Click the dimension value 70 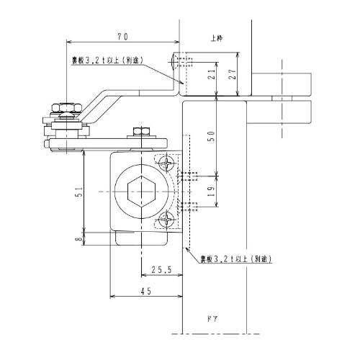(x=122, y=37)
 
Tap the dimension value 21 (x=212, y=74)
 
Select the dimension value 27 (x=232, y=74)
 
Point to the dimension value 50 (x=210, y=136)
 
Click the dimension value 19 (x=210, y=192)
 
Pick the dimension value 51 (x=79, y=192)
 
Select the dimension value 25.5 (x=162, y=270)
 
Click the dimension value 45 (x=146, y=291)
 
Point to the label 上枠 (x=217, y=38)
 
